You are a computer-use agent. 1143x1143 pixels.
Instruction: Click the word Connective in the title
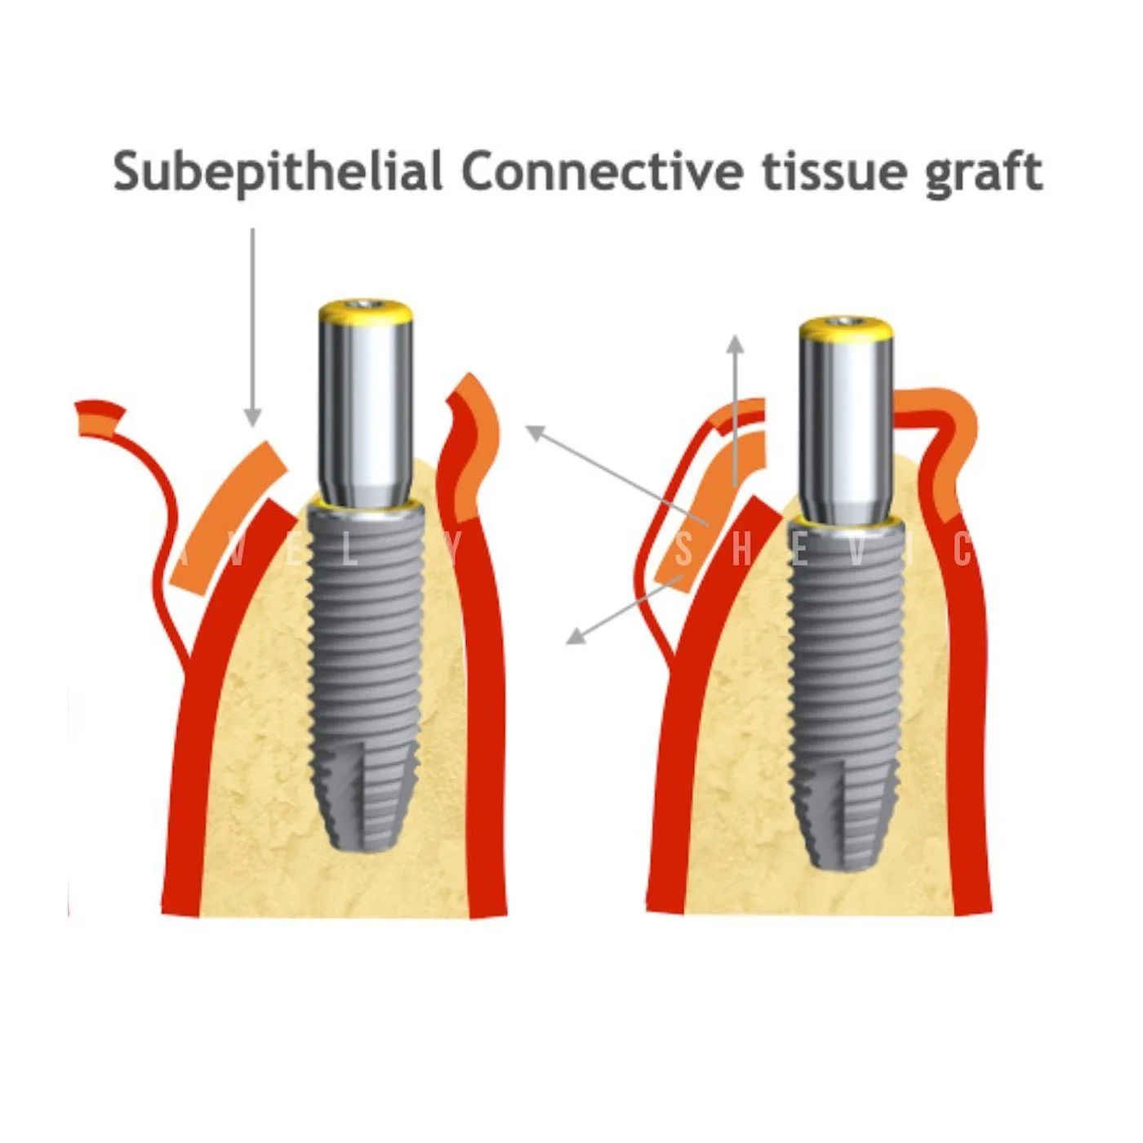coord(602,171)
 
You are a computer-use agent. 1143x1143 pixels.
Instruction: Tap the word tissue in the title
coord(833,171)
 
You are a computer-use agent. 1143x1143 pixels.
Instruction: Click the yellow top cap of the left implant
coord(364,310)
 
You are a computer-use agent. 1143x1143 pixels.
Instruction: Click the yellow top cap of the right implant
coord(845,328)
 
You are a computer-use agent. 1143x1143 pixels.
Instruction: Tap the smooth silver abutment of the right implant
coord(845,425)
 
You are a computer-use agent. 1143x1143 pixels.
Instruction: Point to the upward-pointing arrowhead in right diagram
coord(736,343)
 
